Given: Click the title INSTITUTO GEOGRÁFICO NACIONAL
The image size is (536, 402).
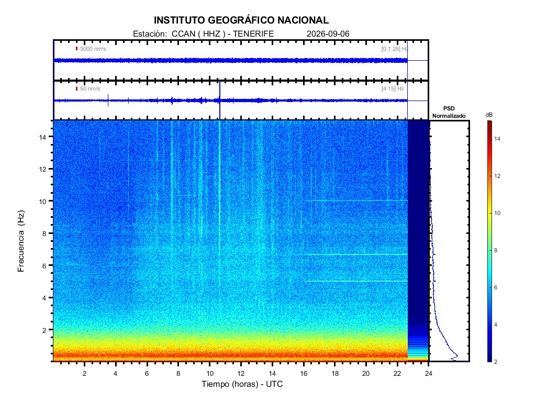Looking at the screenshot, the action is click(241, 20).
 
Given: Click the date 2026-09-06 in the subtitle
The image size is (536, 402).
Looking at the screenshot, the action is click(328, 34).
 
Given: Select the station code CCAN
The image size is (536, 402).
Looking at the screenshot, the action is click(184, 34).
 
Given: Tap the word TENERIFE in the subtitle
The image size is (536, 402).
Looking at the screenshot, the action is click(253, 34).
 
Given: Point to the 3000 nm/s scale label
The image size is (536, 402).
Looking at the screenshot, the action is click(93, 49).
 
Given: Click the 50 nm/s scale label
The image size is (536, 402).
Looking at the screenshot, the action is click(90, 89).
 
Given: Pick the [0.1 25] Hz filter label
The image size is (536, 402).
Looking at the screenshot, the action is click(395, 49).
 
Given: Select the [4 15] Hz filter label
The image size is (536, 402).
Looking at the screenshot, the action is click(393, 89).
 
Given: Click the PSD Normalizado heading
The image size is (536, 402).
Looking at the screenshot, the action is click(449, 112).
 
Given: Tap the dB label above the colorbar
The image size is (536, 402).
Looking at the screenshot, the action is click(489, 115).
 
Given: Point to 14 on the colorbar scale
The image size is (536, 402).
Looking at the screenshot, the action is click(497, 139).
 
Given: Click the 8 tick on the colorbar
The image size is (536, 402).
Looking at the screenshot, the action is click(496, 250).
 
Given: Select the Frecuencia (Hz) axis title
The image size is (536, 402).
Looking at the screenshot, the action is click(21, 241).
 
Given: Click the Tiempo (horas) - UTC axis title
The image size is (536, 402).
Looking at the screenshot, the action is click(242, 384).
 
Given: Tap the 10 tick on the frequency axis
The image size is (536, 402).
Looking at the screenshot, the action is click(42, 202).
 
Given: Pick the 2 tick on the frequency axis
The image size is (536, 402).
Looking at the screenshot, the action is click(44, 330).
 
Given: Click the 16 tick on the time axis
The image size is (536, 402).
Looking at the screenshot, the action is click(304, 374).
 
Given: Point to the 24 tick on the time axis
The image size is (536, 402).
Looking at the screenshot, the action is click(429, 374).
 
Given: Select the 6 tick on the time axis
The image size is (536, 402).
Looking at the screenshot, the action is click(147, 374).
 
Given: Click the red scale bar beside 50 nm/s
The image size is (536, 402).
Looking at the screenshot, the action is click(76, 89).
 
